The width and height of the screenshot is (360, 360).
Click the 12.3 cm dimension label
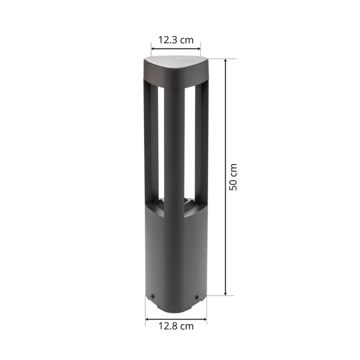click(176, 40)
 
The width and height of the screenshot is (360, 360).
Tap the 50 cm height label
click(233, 177)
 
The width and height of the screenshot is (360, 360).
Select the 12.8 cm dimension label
click(176, 326)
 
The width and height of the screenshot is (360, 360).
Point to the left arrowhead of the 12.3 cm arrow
click(153, 49)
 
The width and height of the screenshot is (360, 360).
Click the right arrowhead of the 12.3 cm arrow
click(199, 49)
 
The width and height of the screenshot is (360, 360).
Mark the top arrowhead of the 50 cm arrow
click(226, 60)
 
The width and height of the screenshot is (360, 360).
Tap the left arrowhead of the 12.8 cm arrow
click(147, 319)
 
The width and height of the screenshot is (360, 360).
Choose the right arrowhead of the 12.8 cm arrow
click(205, 319)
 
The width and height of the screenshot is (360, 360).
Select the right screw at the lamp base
click(197, 297)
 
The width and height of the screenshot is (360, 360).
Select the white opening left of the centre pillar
click(161, 144)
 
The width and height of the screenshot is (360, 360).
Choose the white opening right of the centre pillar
click(190, 144)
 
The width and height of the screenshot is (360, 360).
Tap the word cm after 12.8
click(186, 326)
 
